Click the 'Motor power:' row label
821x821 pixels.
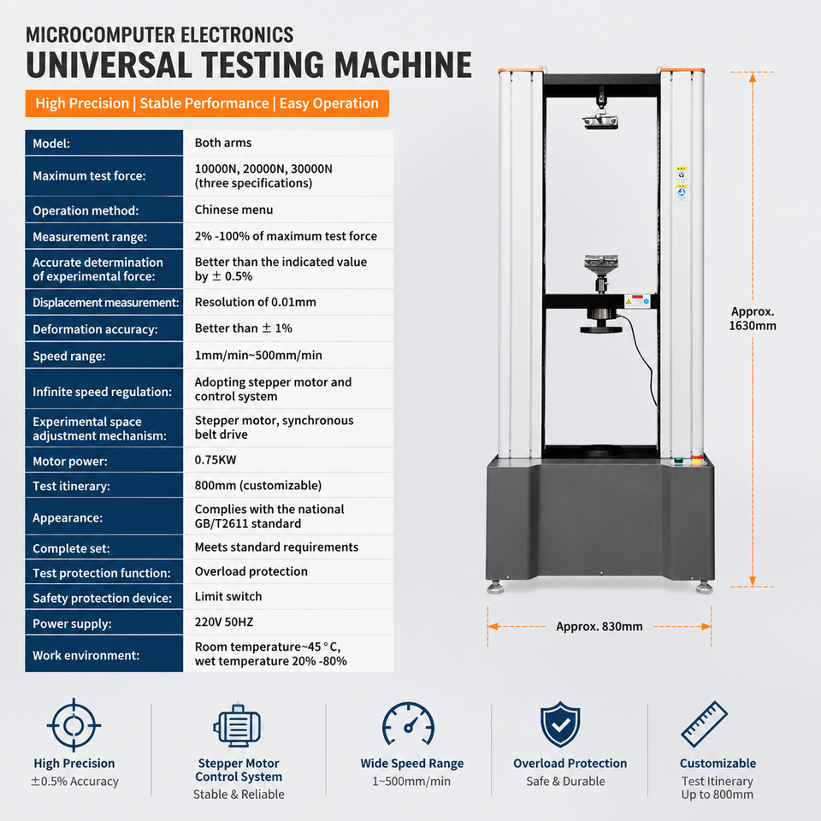(69, 461)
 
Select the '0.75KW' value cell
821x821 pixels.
(216, 460)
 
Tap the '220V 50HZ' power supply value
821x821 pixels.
(223, 622)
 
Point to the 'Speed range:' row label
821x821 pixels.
(68, 357)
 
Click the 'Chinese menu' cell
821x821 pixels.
(233, 210)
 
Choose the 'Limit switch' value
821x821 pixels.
(227, 597)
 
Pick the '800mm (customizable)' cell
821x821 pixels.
(257, 486)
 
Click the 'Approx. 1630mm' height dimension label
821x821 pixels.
(753, 318)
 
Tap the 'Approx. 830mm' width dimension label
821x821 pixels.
(599, 627)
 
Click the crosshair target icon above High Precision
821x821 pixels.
(74, 725)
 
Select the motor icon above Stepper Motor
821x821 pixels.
(237, 726)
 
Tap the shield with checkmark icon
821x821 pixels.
(560, 724)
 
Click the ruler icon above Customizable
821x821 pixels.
(704, 724)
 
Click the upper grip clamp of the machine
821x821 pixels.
(600, 109)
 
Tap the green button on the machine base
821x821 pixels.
(678, 460)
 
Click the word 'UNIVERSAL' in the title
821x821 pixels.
(109, 65)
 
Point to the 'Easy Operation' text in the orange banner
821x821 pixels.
(328, 103)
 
